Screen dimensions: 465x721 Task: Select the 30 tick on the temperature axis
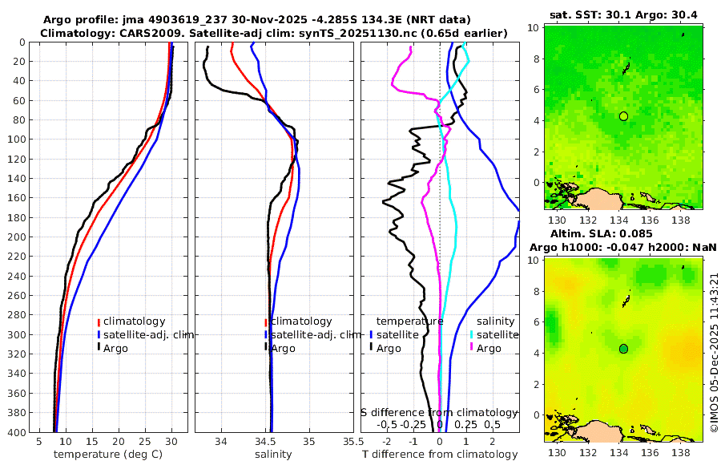click(171, 442)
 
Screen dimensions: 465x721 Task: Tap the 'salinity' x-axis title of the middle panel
click(272, 455)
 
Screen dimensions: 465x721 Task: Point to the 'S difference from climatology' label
click(440, 412)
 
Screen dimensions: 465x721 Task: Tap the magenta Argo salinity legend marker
click(472, 348)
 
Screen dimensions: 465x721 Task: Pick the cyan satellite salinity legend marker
click(472, 334)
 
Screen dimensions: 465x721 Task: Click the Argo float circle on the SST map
click(623, 116)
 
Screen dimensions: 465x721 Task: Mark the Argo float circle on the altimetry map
click(623, 348)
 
